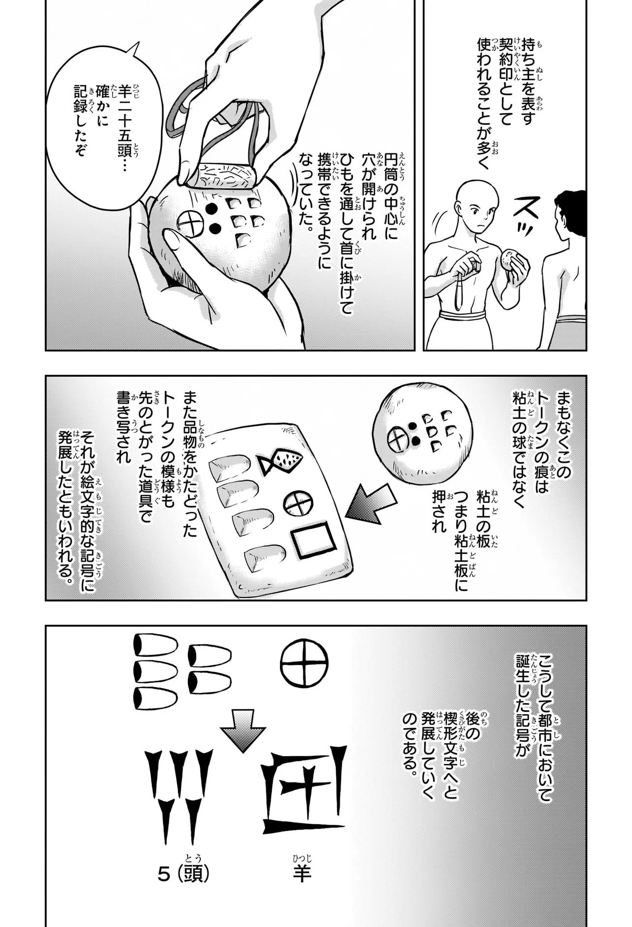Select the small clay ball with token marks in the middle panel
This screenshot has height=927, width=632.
422,428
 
